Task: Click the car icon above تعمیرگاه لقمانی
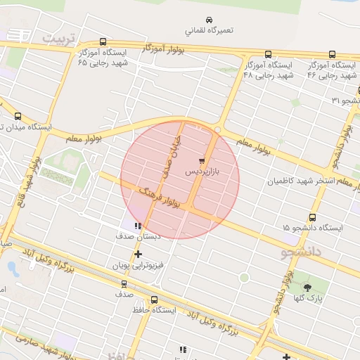(x=209, y=20)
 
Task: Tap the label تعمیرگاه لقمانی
(x=209, y=31)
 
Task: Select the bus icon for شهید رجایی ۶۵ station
(x=103, y=41)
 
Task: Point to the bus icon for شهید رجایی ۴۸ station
(x=268, y=54)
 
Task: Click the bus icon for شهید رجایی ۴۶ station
(x=332, y=54)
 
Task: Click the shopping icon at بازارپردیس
(x=202, y=160)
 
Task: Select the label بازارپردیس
(x=202, y=171)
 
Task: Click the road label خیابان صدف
(x=171, y=153)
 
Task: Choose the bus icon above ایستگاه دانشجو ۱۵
(x=312, y=217)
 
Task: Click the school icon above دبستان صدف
(x=138, y=226)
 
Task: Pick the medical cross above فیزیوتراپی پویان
(x=138, y=255)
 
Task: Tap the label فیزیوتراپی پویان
(x=138, y=266)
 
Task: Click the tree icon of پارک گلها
(x=307, y=287)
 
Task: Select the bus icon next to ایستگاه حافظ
(x=155, y=300)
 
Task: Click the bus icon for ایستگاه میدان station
(x=18, y=116)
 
